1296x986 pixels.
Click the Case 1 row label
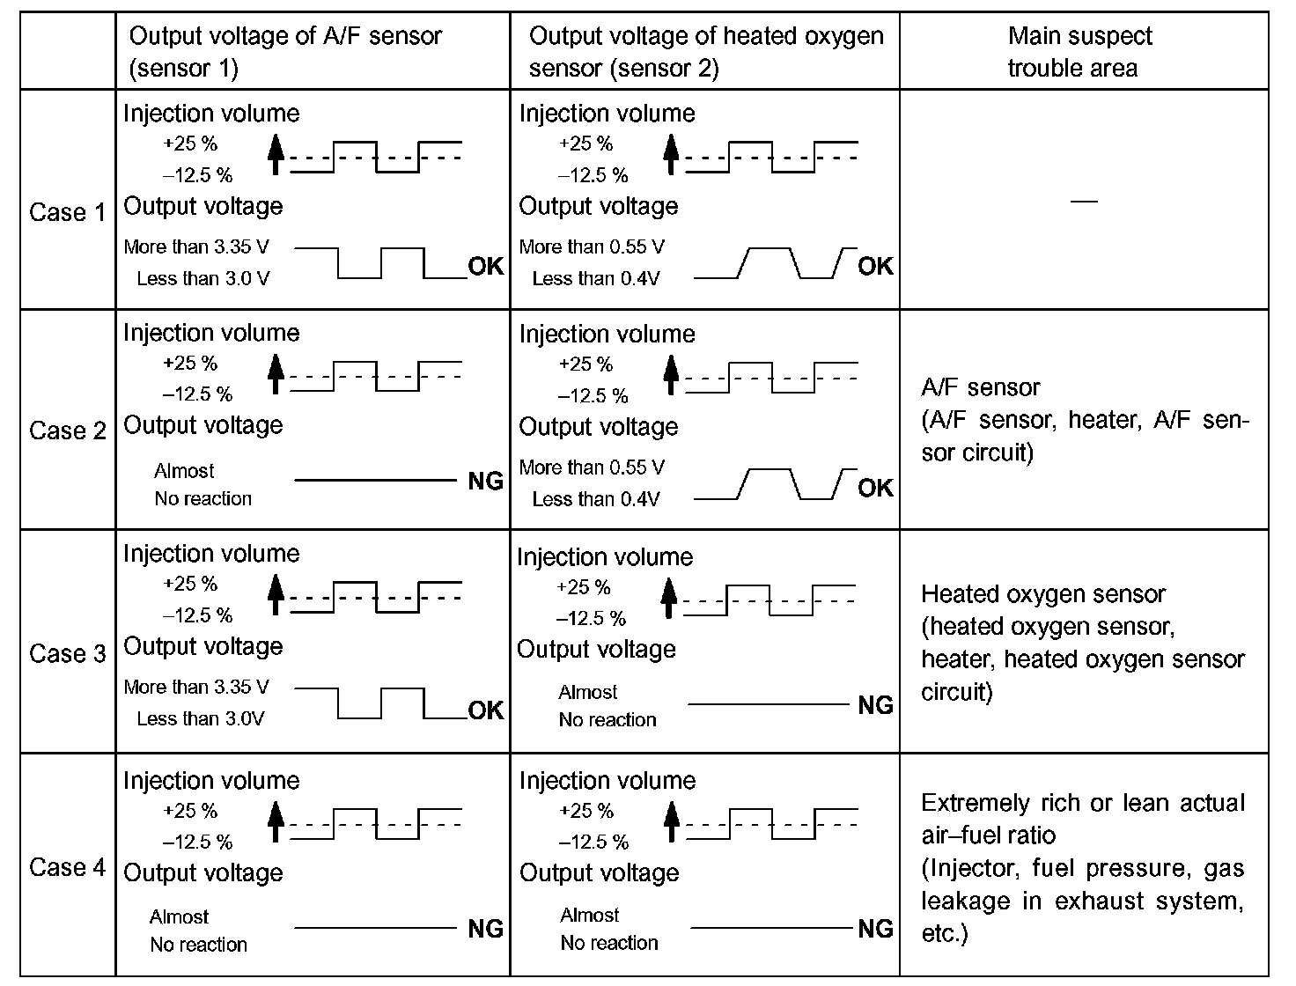67,212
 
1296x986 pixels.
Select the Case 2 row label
67,430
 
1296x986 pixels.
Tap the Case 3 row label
67,653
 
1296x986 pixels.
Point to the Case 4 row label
67,867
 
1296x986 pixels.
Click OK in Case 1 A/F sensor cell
485,266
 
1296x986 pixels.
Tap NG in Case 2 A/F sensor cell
485,482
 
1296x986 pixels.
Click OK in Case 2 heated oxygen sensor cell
875,488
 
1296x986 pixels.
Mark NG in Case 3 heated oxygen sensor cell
875,705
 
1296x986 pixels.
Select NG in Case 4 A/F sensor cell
485,929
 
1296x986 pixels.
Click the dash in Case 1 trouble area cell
1084,202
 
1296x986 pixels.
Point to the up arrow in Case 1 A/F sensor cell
276,154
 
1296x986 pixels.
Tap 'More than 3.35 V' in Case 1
196,246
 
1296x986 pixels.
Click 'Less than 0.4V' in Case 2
595,499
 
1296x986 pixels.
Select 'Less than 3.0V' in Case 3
200,718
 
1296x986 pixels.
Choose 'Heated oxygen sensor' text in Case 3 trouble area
1042,594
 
